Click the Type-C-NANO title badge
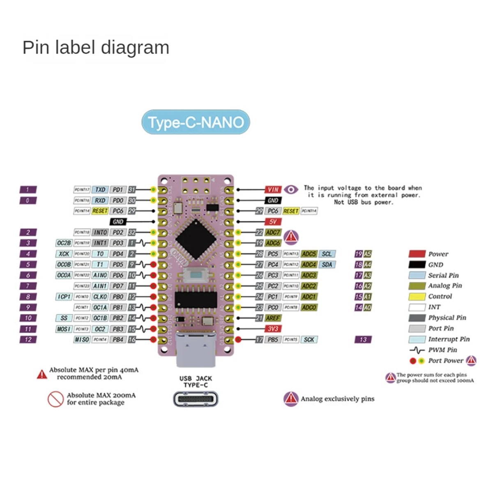click(x=196, y=122)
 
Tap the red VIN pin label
click(x=273, y=189)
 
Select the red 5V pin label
click(x=273, y=221)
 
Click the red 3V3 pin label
click(x=273, y=329)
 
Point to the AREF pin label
click(x=272, y=318)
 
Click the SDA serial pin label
click(x=327, y=265)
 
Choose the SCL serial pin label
click(x=327, y=254)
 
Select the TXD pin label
click(x=100, y=189)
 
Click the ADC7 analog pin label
click(x=273, y=233)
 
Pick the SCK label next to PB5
click(x=309, y=339)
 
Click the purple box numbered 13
click(x=363, y=339)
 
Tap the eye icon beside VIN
click(x=291, y=189)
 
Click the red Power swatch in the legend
click(x=417, y=254)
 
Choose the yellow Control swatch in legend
click(x=417, y=297)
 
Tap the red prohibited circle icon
click(x=55, y=399)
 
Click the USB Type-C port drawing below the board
click(x=196, y=399)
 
